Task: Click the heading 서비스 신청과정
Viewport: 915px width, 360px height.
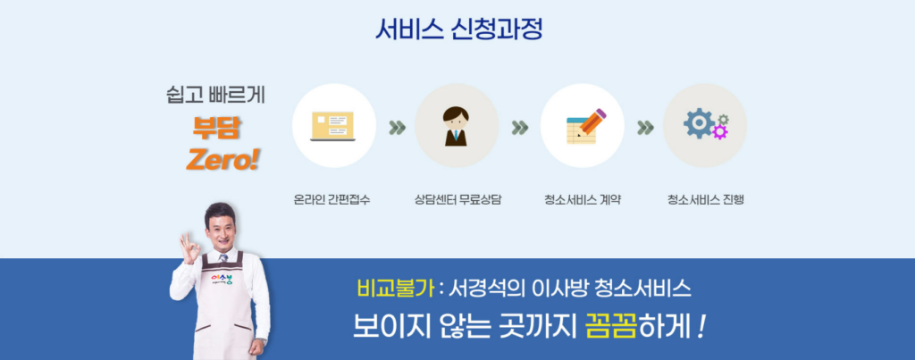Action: pyautogui.click(x=458, y=29)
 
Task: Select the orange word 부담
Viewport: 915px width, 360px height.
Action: pyautogui.click(x=216, y=129)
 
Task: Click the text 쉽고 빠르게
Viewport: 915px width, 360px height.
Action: pyautogui.click(x=215, y=95)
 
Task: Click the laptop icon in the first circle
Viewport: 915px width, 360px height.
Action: pyautogui.click(x=332, y=126)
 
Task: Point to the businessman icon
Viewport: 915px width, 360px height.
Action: pyautogui.click(x=456, y=125)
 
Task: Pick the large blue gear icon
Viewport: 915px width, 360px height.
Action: pyautogui.click(x=699, y=123)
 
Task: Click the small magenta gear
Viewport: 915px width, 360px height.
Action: pyautogui.click(x=721, y=132)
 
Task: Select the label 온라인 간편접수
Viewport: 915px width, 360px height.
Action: pyautogui.click(x=332, y=200)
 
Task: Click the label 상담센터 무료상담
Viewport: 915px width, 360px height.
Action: pyautogui.click(x=457, y=200)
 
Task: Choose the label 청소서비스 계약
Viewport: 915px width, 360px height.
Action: pyautogui.click(x=582, y=200)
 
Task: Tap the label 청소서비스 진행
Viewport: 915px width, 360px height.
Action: pyautogui.click(x=706, y=200)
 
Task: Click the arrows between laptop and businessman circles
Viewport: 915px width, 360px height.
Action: pyautogui.click(x=398, y=128)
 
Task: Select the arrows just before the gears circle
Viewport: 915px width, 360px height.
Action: pyautogui.click(x=645, y=128)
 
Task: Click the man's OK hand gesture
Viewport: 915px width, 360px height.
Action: pyautogui.click(x=189, y=249)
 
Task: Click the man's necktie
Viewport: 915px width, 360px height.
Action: pyautogui.click(x=223, y=257)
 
